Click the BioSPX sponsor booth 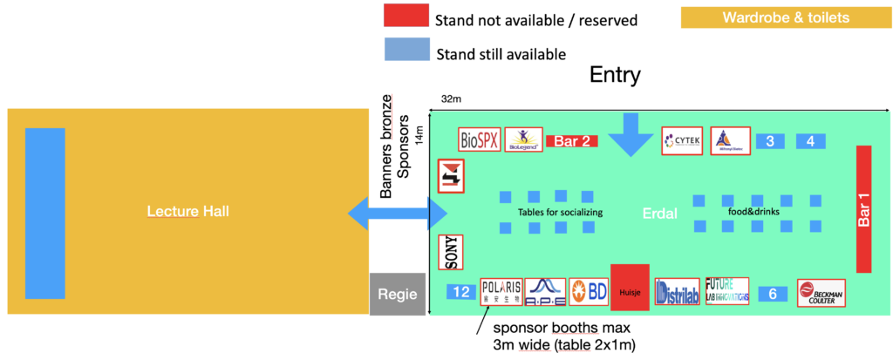(x=480, y=139)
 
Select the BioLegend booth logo (x=523, y=139)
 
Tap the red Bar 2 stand (x=571, y=140)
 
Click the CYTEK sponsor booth (x=682, y=140)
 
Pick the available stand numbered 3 (x=771, y=140)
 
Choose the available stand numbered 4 (x=811, y=140)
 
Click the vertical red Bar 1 (x=864, y=209)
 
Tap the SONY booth (x=450, y=252)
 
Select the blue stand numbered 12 (x=460, y=292)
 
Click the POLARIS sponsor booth (x=501, y=292)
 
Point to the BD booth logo (x=589, y=292)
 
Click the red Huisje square (x=630, y=287)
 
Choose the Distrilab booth (x=677, y=293)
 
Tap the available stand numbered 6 (x=772, y=295)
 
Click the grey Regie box (x=398, y=294)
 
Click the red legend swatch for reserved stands (x=406, y=16)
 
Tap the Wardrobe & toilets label (x=786, y=17)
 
